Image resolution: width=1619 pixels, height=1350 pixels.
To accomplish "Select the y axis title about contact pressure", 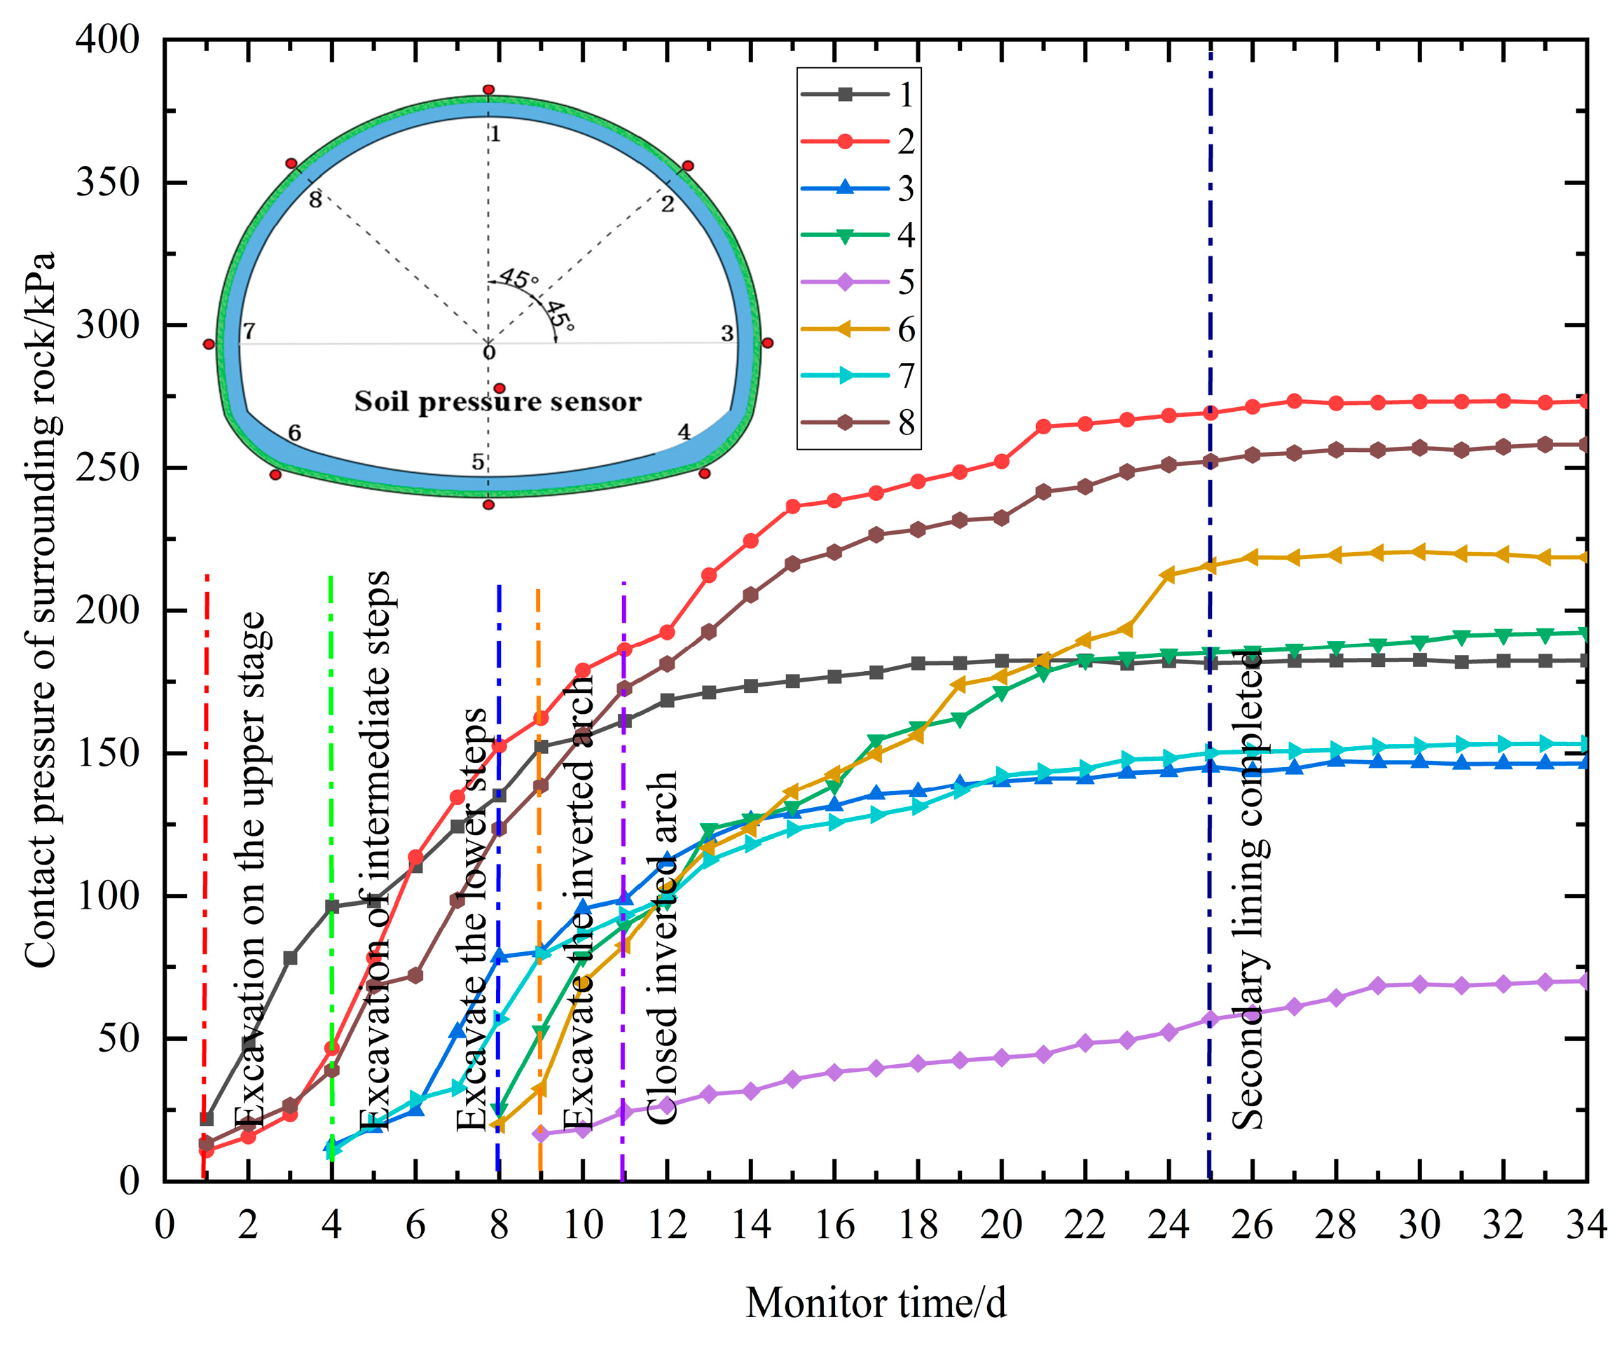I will point(40,609).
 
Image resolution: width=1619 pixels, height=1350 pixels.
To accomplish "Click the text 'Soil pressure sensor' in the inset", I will point(497,401).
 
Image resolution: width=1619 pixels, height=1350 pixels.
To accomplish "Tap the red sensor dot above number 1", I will point(488,90).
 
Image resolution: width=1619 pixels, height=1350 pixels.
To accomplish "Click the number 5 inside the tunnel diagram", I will point(478,462).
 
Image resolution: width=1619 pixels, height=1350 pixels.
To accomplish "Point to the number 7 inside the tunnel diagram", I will point(249,331).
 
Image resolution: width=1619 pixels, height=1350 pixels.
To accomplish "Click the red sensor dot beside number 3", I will point(766,343).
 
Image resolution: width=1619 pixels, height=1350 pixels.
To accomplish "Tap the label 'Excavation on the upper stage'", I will point(252,872).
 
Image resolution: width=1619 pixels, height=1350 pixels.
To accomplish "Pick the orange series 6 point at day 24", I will point(1168,574).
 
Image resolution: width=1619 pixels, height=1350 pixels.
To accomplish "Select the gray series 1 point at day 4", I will point(332,907).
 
